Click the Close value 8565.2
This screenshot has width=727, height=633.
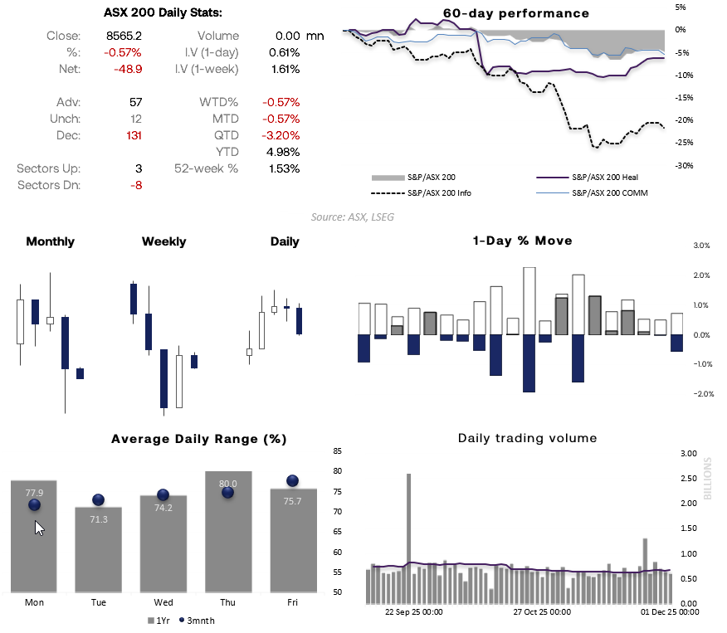tap(124, 36)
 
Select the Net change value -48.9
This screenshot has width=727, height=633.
tap(128, 69)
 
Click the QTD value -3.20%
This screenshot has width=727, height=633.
tap(281, 135)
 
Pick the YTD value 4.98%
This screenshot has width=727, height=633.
tap(284, 152)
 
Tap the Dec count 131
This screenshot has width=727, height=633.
tap(134, 135)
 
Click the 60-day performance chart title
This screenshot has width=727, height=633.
tap(504, 13)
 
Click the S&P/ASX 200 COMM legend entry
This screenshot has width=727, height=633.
tap(609, 192)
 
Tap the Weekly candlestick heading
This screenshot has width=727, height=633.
tap(163, 241)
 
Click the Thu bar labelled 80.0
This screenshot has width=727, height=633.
tap(227, 531)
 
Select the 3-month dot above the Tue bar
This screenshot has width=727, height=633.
tap(98, 499)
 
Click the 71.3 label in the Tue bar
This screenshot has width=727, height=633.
tap(98, 519)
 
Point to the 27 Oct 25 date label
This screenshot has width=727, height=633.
tap(541, 612)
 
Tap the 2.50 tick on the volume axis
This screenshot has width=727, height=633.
tap(688, 479)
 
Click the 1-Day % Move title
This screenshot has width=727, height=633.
tap(522, 241)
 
